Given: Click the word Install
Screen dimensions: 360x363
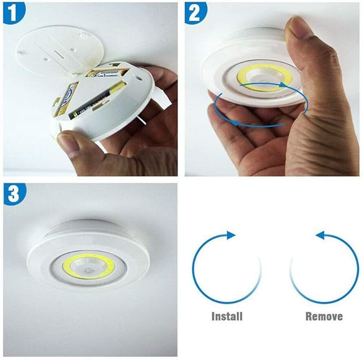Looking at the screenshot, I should [x=227, y=316].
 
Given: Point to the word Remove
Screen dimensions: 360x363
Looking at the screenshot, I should [x=324, y=316].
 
